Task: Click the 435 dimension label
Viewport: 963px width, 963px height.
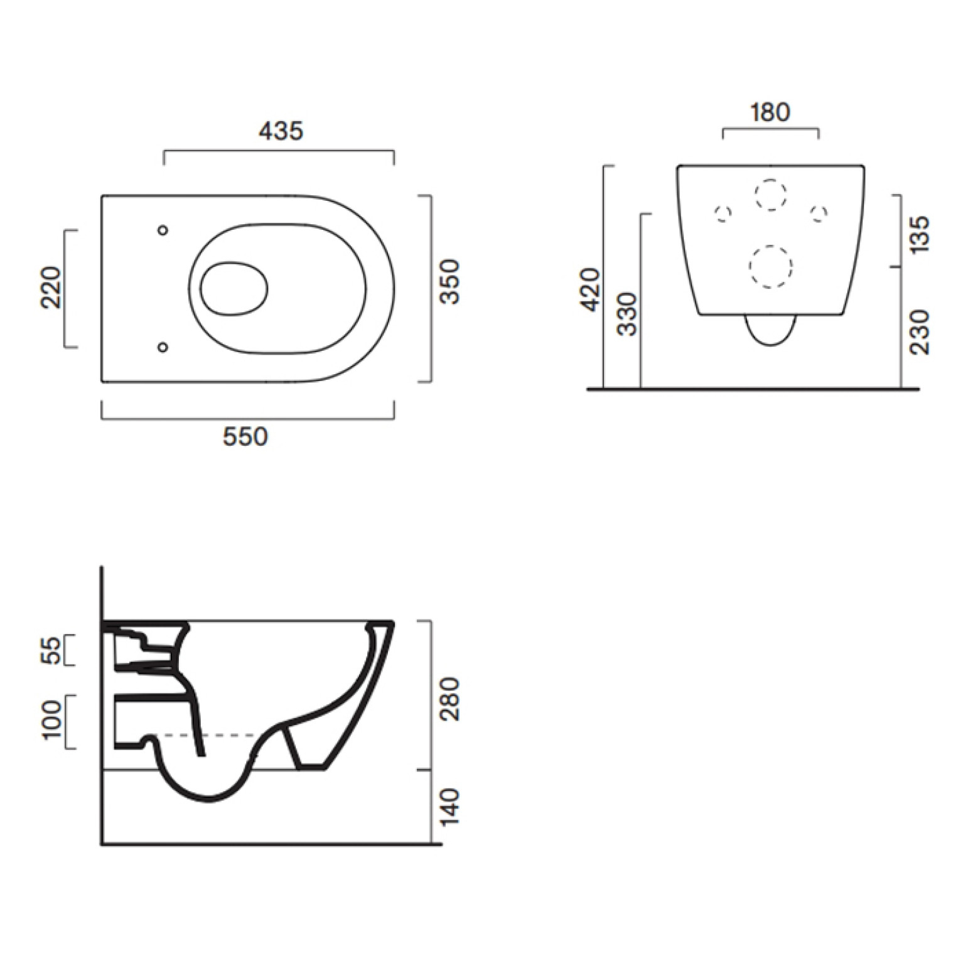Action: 281,131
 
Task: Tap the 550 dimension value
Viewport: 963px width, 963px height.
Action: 245,436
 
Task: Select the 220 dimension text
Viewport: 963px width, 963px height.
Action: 51,288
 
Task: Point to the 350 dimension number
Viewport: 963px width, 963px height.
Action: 449,282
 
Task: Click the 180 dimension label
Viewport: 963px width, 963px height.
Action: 770,112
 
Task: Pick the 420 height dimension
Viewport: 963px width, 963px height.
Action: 591,289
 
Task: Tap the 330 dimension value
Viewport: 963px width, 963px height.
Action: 627,314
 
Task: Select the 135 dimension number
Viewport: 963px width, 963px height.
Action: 920,234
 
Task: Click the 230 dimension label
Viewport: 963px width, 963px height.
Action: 920,332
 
